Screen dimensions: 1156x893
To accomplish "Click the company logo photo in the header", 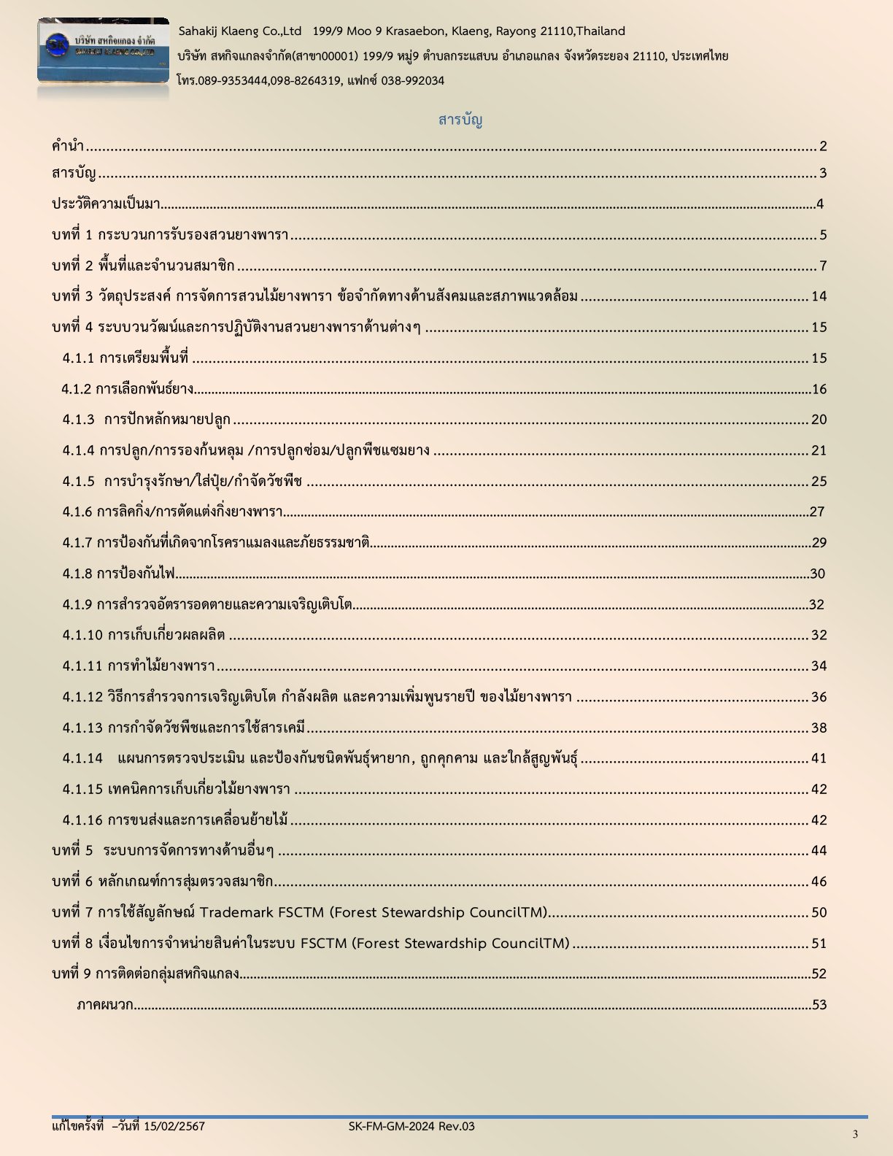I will click(103, 51).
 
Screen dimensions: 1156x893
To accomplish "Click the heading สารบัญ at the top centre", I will click(460, 120).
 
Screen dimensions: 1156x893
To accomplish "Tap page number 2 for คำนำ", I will click(823, 147).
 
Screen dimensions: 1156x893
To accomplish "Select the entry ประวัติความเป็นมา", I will click(106, 204).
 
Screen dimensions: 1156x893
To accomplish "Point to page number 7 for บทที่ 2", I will click(823, 266).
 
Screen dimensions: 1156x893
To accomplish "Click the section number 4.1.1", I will click(78, 358).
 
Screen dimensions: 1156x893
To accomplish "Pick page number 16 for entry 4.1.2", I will click(819, 389).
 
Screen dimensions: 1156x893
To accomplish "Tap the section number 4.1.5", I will click(78, 482).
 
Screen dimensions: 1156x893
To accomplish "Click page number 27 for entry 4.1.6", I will click(817, 512).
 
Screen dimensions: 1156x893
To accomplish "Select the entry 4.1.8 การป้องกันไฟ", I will click(119, 574).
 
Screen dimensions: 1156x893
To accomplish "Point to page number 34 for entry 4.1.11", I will click(819, 666).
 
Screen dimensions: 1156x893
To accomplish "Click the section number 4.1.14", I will click(82, 758).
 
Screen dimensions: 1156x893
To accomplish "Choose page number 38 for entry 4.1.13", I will click(819, 728).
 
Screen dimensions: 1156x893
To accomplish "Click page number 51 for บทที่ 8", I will click(819, 944).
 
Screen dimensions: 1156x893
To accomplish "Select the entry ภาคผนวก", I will click(105, 1005).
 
